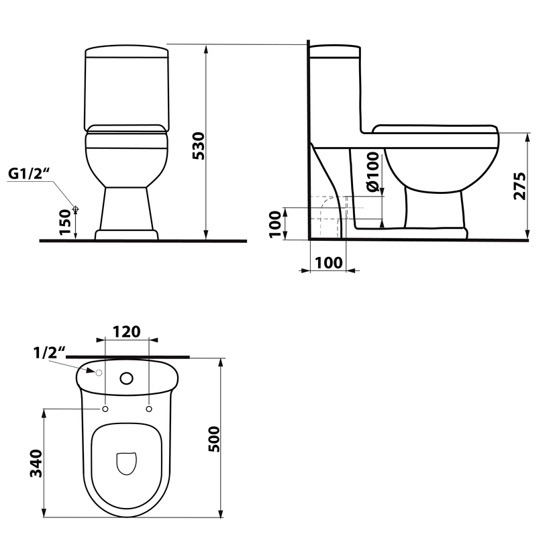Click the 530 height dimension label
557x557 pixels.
pos(199,146)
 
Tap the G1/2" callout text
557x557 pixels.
pos(29,174)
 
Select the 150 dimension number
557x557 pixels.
pos(66,222)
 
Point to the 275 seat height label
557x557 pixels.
pos(519,186)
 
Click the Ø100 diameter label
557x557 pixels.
pos(373,172)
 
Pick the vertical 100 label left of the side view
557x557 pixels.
pos(275,225)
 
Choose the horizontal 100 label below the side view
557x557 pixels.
pos(329,263)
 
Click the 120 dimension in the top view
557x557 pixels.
pos(126,332)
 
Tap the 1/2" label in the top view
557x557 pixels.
pos(50,353)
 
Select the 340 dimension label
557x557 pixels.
pos(36,463)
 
